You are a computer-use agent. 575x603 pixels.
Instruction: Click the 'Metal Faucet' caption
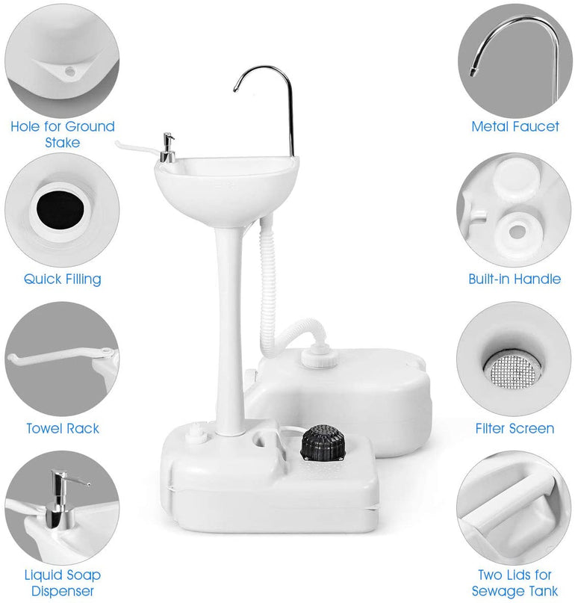click(515, 126)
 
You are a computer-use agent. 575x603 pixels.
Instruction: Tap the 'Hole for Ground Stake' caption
click(63, 134)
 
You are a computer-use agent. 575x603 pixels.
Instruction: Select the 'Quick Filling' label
click(63, 279)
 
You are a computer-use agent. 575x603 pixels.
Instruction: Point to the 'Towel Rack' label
click(63, 428)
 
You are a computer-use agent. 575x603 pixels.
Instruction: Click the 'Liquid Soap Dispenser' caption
click(63, 583)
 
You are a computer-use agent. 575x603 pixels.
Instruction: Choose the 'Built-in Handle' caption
click(515, 279)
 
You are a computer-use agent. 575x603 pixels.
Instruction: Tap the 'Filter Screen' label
click(515, 428)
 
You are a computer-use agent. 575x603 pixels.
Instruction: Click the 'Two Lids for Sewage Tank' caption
click(515, 583)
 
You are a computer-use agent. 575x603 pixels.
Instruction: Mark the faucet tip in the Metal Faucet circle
click(474, 72)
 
